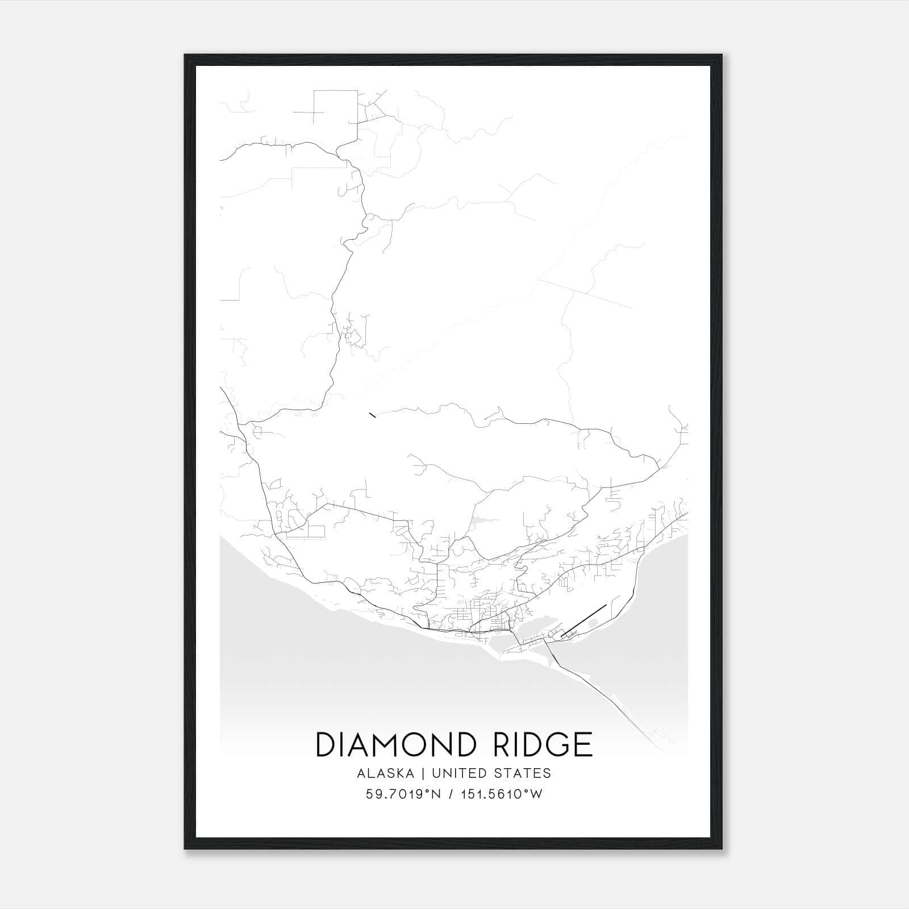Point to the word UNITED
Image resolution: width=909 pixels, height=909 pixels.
459,773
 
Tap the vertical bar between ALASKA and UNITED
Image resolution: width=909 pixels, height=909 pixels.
427,773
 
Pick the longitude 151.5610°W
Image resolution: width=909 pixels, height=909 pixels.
501,794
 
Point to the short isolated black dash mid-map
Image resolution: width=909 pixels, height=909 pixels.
372,415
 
